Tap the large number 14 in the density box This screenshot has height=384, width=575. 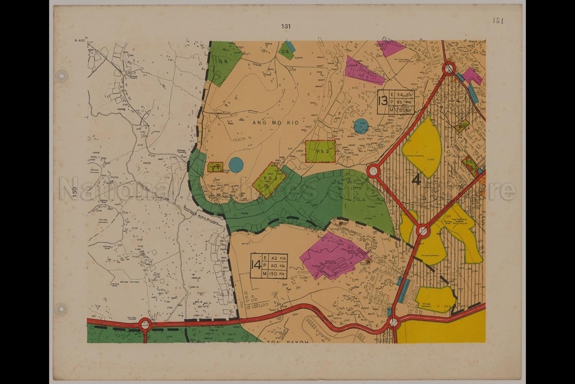[256, 265]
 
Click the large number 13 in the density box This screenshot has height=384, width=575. [382, 102]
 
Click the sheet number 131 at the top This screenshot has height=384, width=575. [286, 27]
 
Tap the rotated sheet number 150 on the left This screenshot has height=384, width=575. [75, 193]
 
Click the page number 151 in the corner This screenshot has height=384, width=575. [498, 21]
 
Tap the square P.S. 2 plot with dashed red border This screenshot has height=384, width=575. [320, 151]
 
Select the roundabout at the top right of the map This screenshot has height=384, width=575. [448, 69]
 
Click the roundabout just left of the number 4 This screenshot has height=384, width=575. [374, 171]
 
